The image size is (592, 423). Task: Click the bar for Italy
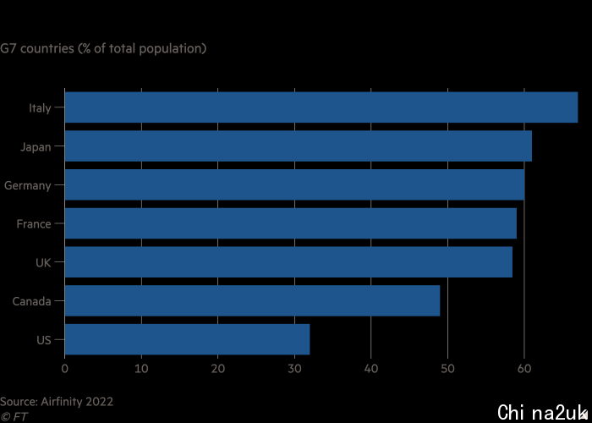(321, 107)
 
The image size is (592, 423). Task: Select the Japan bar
(298, 146)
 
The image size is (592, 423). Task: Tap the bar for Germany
(294, 184)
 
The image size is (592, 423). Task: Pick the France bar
(290, 223)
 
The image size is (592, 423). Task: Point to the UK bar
(288, 262)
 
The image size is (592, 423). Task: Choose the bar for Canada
(252, 301)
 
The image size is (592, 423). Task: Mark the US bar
(187, 339)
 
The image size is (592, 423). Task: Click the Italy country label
(40, 107)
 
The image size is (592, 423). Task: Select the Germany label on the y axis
(28, 185)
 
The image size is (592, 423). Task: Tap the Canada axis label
(32, 301)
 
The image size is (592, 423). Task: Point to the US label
(44, 339)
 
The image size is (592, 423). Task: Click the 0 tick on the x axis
(65, 368)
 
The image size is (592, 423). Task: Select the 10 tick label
(141, 368)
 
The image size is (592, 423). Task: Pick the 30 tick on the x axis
(294, 368)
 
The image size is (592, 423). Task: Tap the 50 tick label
(447, 368)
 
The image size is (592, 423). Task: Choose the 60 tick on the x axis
(524, 368)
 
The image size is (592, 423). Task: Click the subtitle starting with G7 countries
(103, 48)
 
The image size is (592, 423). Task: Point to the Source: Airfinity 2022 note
(57, 402)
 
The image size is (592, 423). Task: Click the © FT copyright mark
(14, 416)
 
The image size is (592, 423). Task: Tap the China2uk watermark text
(541, 412)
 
